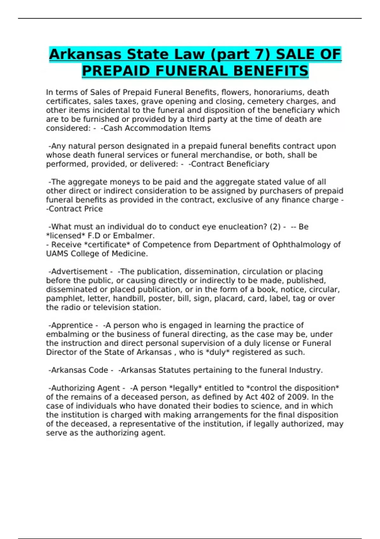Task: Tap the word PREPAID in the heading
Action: pos(116,71)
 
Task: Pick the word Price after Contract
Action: pos(93,209)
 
